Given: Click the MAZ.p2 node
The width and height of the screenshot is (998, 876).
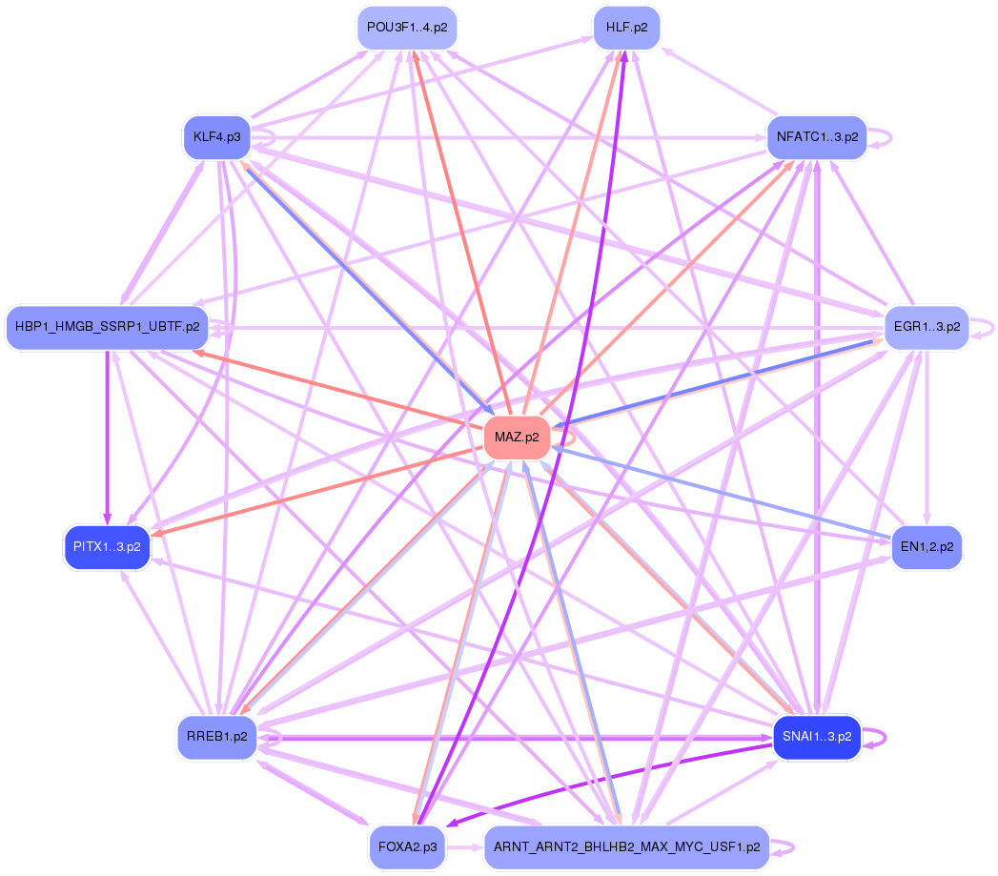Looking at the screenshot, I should point(518,438).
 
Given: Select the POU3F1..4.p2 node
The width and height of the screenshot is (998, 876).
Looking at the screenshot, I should point(407,28).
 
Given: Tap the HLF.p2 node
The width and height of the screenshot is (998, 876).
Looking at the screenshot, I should point(626,28).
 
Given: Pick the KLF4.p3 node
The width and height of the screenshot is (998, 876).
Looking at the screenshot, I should point(216,137).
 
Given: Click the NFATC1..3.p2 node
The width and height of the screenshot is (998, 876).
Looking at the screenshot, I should point(817,137).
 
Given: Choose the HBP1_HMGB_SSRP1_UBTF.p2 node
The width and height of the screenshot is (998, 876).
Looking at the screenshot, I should point(108,327).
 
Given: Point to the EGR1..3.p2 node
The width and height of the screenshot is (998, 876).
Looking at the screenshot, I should point(927,327).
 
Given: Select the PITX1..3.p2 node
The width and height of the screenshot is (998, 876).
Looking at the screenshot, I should point(108,547).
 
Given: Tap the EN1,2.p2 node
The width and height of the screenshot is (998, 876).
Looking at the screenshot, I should point(927,547).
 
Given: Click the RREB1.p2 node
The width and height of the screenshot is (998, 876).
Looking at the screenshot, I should point(216,737).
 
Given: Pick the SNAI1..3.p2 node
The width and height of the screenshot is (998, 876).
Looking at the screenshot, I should point(817,737).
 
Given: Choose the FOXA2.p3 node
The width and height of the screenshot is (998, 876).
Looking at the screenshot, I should point(407,846).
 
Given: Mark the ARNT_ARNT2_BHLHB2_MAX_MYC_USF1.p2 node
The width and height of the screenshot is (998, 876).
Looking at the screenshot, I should point(626,846).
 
